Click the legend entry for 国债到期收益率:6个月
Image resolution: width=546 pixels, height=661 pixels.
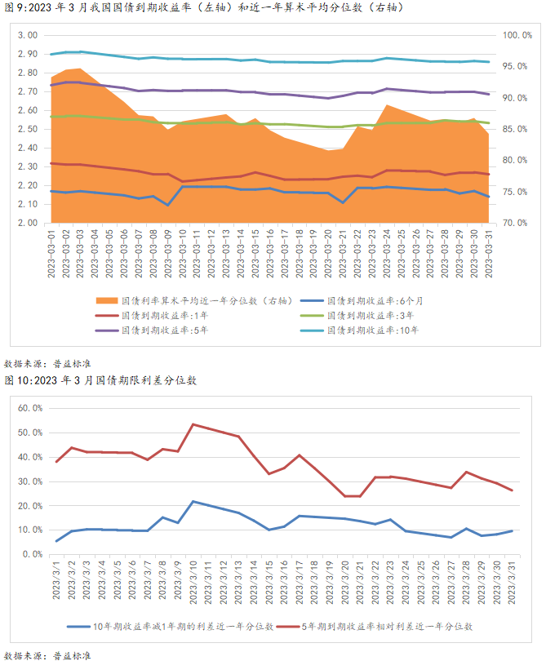375,300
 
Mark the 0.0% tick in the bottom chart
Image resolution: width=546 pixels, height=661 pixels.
32,554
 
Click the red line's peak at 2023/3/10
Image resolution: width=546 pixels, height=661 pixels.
193,424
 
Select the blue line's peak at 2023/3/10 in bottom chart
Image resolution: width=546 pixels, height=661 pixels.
193,501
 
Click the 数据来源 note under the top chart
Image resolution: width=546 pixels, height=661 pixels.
38,362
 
